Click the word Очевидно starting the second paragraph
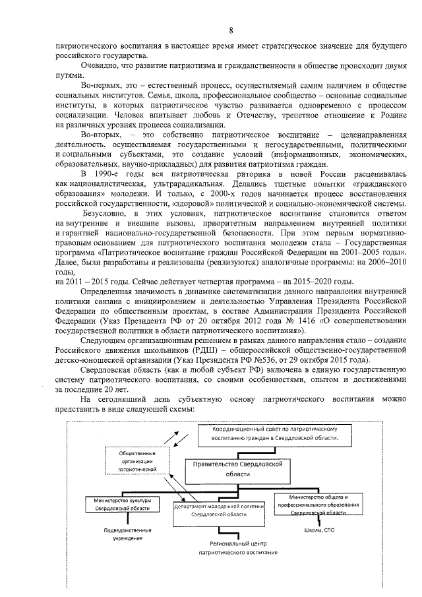[100, 67]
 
